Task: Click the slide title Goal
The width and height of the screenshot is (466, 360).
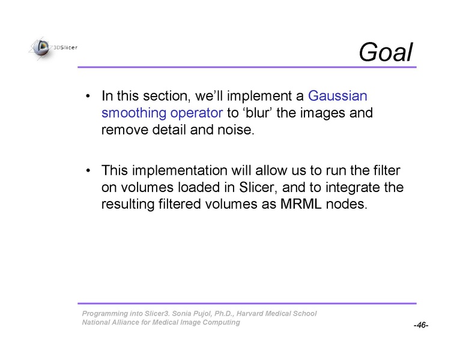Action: pyautogui.click(x=386, y=52)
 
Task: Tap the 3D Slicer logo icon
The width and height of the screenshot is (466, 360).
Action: pyautogui.click(x=41, y=48)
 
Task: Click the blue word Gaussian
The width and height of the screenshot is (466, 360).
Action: pyautogui.click(x=337, y=96)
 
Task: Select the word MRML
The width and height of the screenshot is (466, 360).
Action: pyautogui.click(x=301, y=204)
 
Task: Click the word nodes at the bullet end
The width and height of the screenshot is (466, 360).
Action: pyautogui.click(x=346, y=204)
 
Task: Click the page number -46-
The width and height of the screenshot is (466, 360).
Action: pyautogui.click(x=421, y=325)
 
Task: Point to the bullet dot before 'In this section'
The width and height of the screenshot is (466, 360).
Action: pyautogui.click(x=88, y=96)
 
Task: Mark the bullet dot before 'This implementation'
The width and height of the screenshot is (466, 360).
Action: pyautogui.click(x=88, y=171)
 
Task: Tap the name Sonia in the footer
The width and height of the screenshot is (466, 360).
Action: pyautogui.click(x=181, y=313)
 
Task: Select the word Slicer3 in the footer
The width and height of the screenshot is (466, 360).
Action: pyautogui.click(x=157, y=313)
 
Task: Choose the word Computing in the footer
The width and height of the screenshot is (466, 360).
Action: pyautogui.click(x=221, y=323)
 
